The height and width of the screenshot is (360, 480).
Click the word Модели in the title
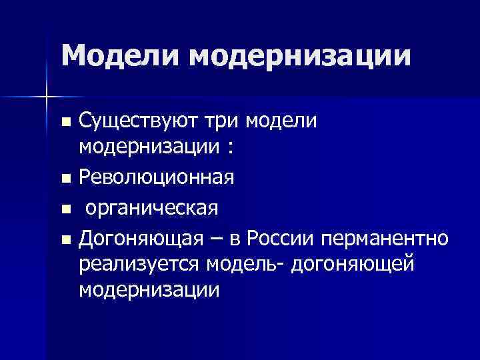pyautogui.click(x=121, y=55)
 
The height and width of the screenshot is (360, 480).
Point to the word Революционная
pyautogui.click(x=156, y=178)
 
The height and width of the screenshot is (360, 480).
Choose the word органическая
pyautogui.click(x=151, y=207)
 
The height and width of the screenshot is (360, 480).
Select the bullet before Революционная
pyautogui.click(x=65, y=179)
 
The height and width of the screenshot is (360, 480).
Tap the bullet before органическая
pyautogui.click(x=65, y=209)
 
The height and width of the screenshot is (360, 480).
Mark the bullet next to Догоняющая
pyautogui.click(x=65, y=238)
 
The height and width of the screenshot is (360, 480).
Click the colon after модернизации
pyautogui.click(x=230, y=149)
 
